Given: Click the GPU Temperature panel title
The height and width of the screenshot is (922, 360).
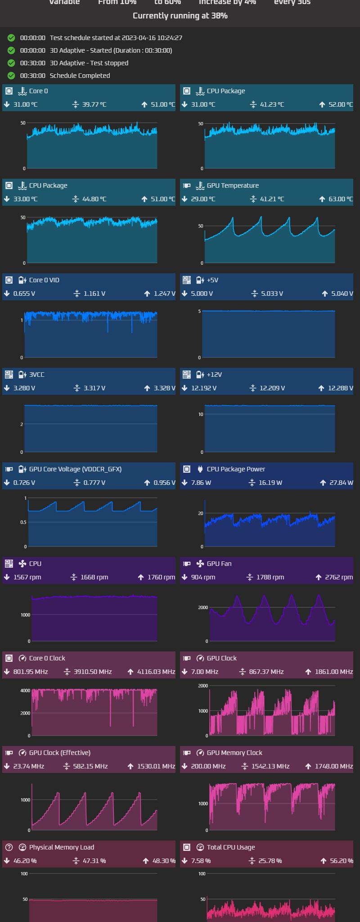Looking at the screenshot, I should pyautogui.click(x=233, y=185).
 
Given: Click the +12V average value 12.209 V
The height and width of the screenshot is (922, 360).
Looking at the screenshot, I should pyautogui.click(x=272, y=388).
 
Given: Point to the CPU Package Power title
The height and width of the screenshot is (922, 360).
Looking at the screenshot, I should pyautogui.click(x=236, y=469).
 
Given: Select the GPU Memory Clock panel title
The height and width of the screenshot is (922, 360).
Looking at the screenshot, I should pyautogui.click(x=234, y=753).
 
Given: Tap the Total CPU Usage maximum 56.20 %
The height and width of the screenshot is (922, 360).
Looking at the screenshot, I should pyautogui.click(x=341, y=861).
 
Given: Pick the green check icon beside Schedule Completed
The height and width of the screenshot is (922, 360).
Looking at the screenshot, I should pyautogui.click(x=11, y=76).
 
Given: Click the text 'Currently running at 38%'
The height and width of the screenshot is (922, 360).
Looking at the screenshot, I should pyautogui.click(x=180, y=16).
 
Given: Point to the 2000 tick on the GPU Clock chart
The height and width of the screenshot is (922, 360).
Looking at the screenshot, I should pyautogui.click(x=203, y=686).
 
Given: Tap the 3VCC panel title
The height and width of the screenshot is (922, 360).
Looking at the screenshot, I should pyautogui.click(x=37, y=375).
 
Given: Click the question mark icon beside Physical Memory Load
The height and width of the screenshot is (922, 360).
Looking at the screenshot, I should pyautogui.click(x=9, y=847).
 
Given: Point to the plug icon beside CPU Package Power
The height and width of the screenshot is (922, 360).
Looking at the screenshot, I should pyautogui.click(x=200, y=469).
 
